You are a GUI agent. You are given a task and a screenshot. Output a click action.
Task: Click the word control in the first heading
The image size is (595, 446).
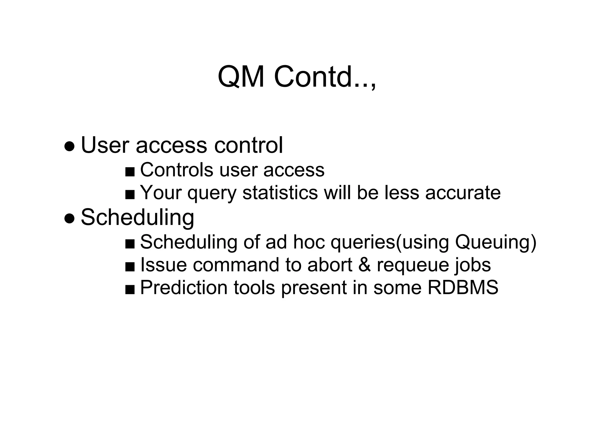248,145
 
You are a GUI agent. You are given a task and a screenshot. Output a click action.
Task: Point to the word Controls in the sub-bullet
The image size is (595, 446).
177,170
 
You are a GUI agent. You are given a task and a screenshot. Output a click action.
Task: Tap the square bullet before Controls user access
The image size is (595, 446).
130,172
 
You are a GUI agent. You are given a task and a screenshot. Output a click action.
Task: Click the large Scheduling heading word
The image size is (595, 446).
137,217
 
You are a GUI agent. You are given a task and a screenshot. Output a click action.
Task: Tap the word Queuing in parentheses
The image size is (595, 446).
492,242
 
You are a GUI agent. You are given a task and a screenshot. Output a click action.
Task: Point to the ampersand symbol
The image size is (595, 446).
365,265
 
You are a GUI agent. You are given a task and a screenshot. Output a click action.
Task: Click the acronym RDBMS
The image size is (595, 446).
463,287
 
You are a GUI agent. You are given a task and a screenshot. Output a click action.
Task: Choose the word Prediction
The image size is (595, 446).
184,287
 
